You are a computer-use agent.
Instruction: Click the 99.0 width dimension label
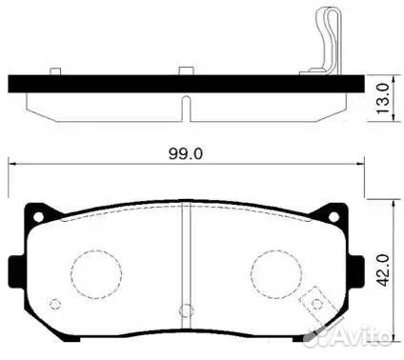186,154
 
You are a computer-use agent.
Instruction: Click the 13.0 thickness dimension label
383,98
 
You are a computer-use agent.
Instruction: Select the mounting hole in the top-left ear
38,217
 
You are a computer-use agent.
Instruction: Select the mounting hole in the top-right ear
333,217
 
